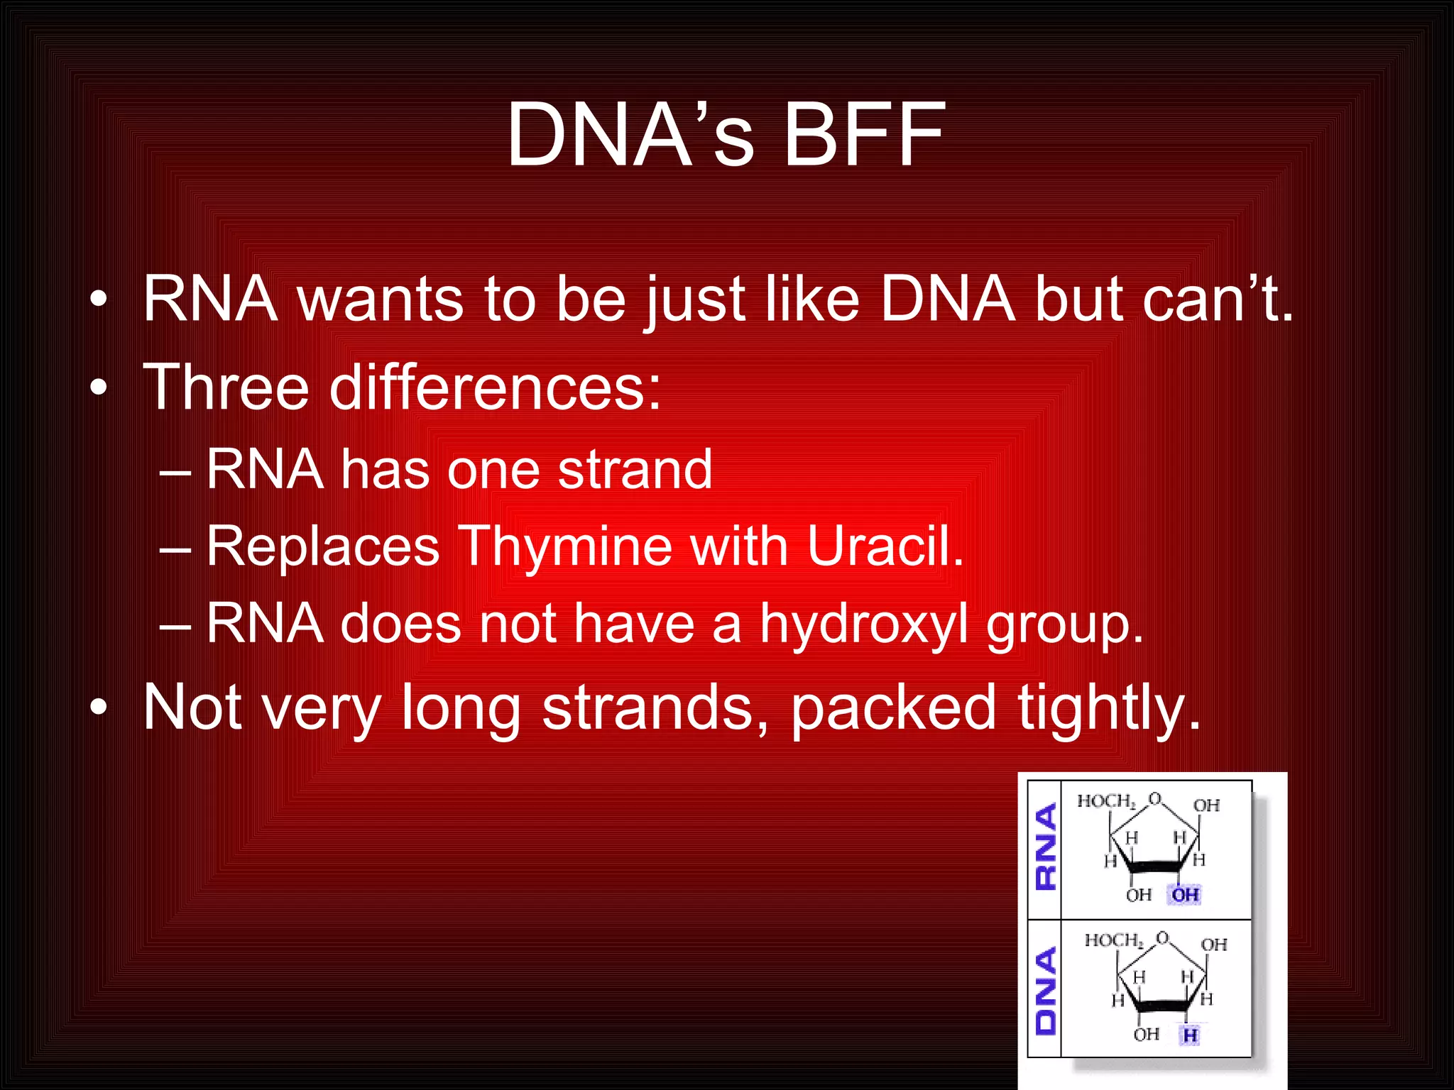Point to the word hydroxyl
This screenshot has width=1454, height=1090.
(864, 624)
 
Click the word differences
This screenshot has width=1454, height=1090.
(495, 387)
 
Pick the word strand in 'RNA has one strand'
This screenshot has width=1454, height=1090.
(635, 470)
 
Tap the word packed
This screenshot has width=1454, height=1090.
(893, 708)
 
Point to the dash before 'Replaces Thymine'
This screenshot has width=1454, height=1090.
(175, 548)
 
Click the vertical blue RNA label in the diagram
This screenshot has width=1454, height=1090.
(1046, 847)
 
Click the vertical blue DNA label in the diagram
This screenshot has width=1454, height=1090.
(1046, 991)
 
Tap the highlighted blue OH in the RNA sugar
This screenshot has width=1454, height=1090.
(1185, 895)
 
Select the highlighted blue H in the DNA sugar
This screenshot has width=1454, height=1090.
(1190, 1035)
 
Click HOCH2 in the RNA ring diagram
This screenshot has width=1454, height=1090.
(1106, 801)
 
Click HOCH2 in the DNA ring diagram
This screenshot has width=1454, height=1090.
(1113, 940)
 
